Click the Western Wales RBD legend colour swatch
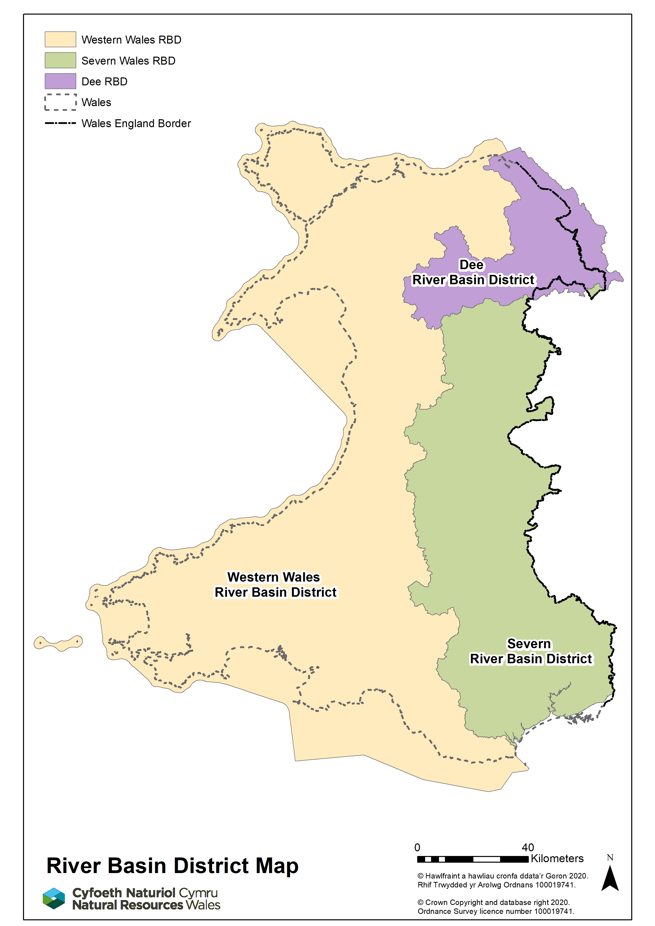pos(60,39)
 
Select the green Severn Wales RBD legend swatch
pos(60,60)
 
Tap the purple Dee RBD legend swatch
pos(60,81)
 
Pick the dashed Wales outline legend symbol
pos(60,102)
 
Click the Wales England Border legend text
pos(136,123)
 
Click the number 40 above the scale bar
pos(528,847)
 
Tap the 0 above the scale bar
pos(417,847)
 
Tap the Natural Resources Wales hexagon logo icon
pos(54,899)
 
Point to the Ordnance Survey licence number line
pos(496,911)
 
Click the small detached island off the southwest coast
pos(58,643)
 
